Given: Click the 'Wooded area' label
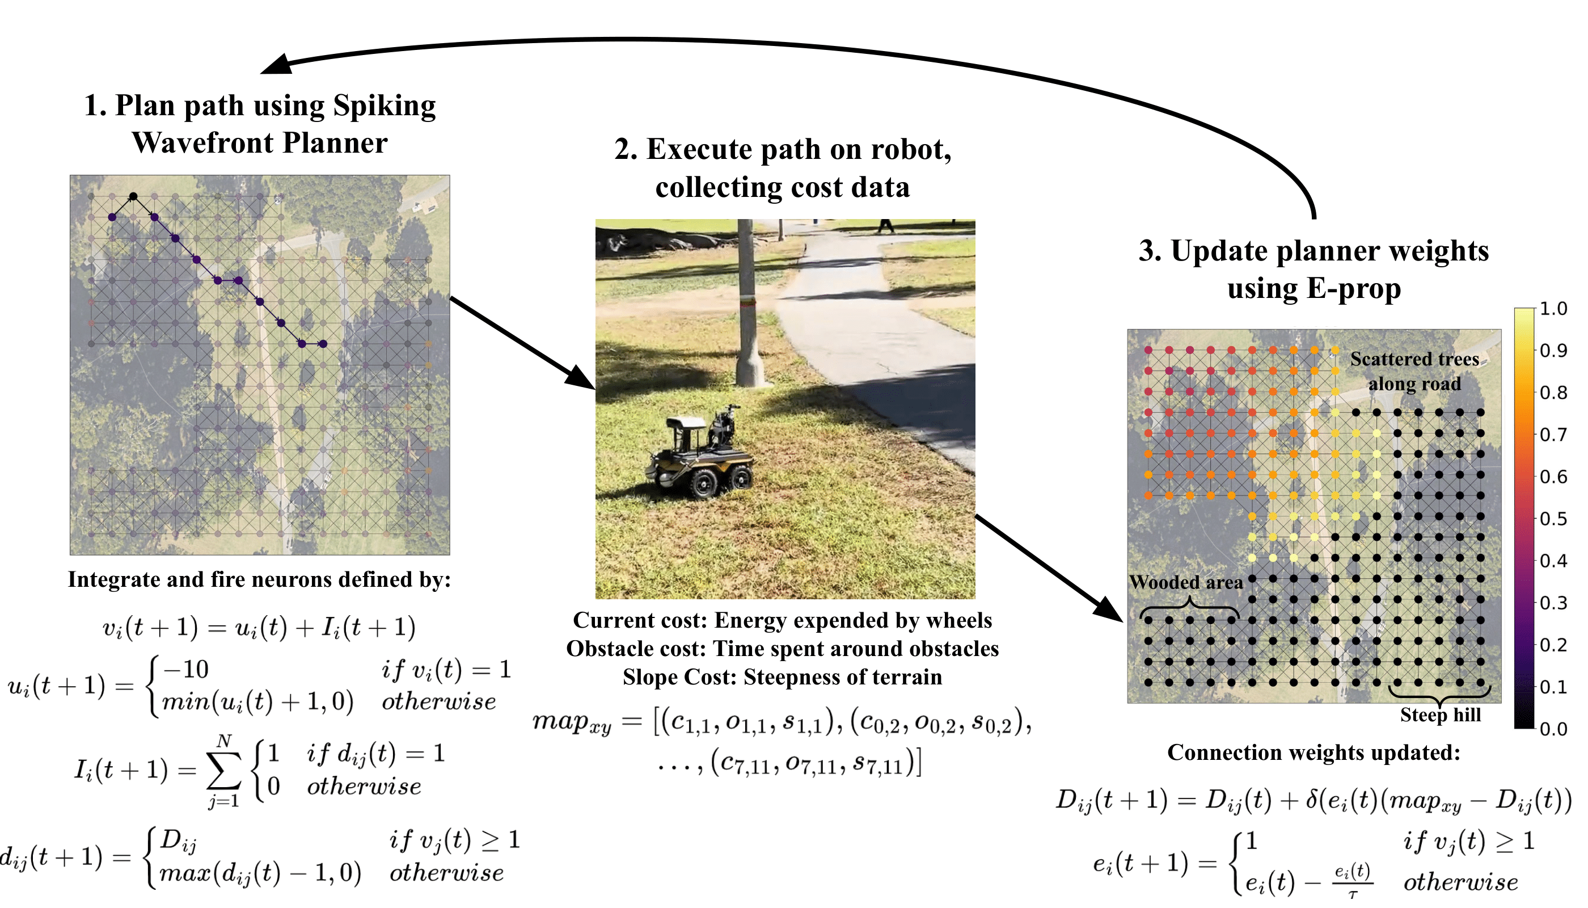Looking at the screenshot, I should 1185,582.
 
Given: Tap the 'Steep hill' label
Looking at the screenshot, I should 1441,714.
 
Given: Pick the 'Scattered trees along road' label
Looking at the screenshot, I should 1414,372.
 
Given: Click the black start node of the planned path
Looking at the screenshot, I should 133,196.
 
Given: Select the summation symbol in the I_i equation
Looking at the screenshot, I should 224,772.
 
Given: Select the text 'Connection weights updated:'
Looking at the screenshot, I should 1314,753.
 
